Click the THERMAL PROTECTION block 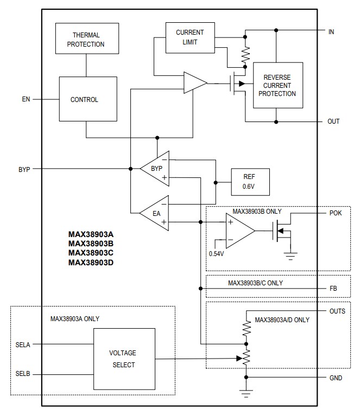86,39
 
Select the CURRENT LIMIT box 190,37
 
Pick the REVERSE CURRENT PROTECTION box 277,85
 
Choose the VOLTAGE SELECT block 124,359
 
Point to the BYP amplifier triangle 155,169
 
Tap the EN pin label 26,99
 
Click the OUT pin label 333,121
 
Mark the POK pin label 336,213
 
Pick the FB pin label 333,289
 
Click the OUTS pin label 337,311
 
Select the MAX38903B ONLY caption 257,210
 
